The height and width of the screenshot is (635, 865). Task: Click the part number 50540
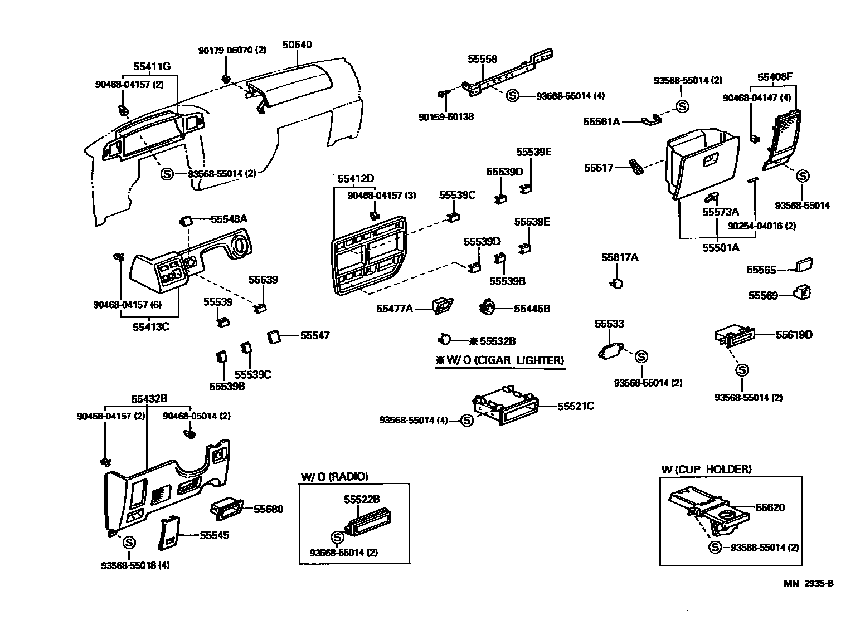[x=297, y=45]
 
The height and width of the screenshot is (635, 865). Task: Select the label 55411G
[x=152, y=66]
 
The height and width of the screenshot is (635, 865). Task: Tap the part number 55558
[x=482, y=59]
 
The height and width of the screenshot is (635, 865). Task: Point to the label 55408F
[x=775, y=77]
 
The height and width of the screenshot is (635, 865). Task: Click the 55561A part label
[x=601, y=122]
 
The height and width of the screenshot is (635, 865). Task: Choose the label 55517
[x=599, y=168]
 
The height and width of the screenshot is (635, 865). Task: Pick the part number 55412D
[x=356, y=179]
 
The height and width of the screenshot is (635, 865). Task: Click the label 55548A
[x=229, y=219]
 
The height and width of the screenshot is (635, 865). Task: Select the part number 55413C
[x=151, y=327]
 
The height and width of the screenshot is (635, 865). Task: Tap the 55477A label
[x=395, y=309]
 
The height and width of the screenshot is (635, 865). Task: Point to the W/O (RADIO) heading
[x=334, y=477]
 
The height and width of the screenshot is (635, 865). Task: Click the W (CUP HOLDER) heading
[x=706, y=470]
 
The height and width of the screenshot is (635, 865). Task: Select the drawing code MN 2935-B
[x=808, y=583]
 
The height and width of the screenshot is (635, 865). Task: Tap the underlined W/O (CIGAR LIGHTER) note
[x=500, y=360]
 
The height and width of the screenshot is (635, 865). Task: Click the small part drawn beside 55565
[x=804, y=265]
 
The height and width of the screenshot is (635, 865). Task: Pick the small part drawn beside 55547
[x=274, y=336]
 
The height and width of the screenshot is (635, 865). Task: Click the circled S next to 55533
[x=642, y=357]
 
